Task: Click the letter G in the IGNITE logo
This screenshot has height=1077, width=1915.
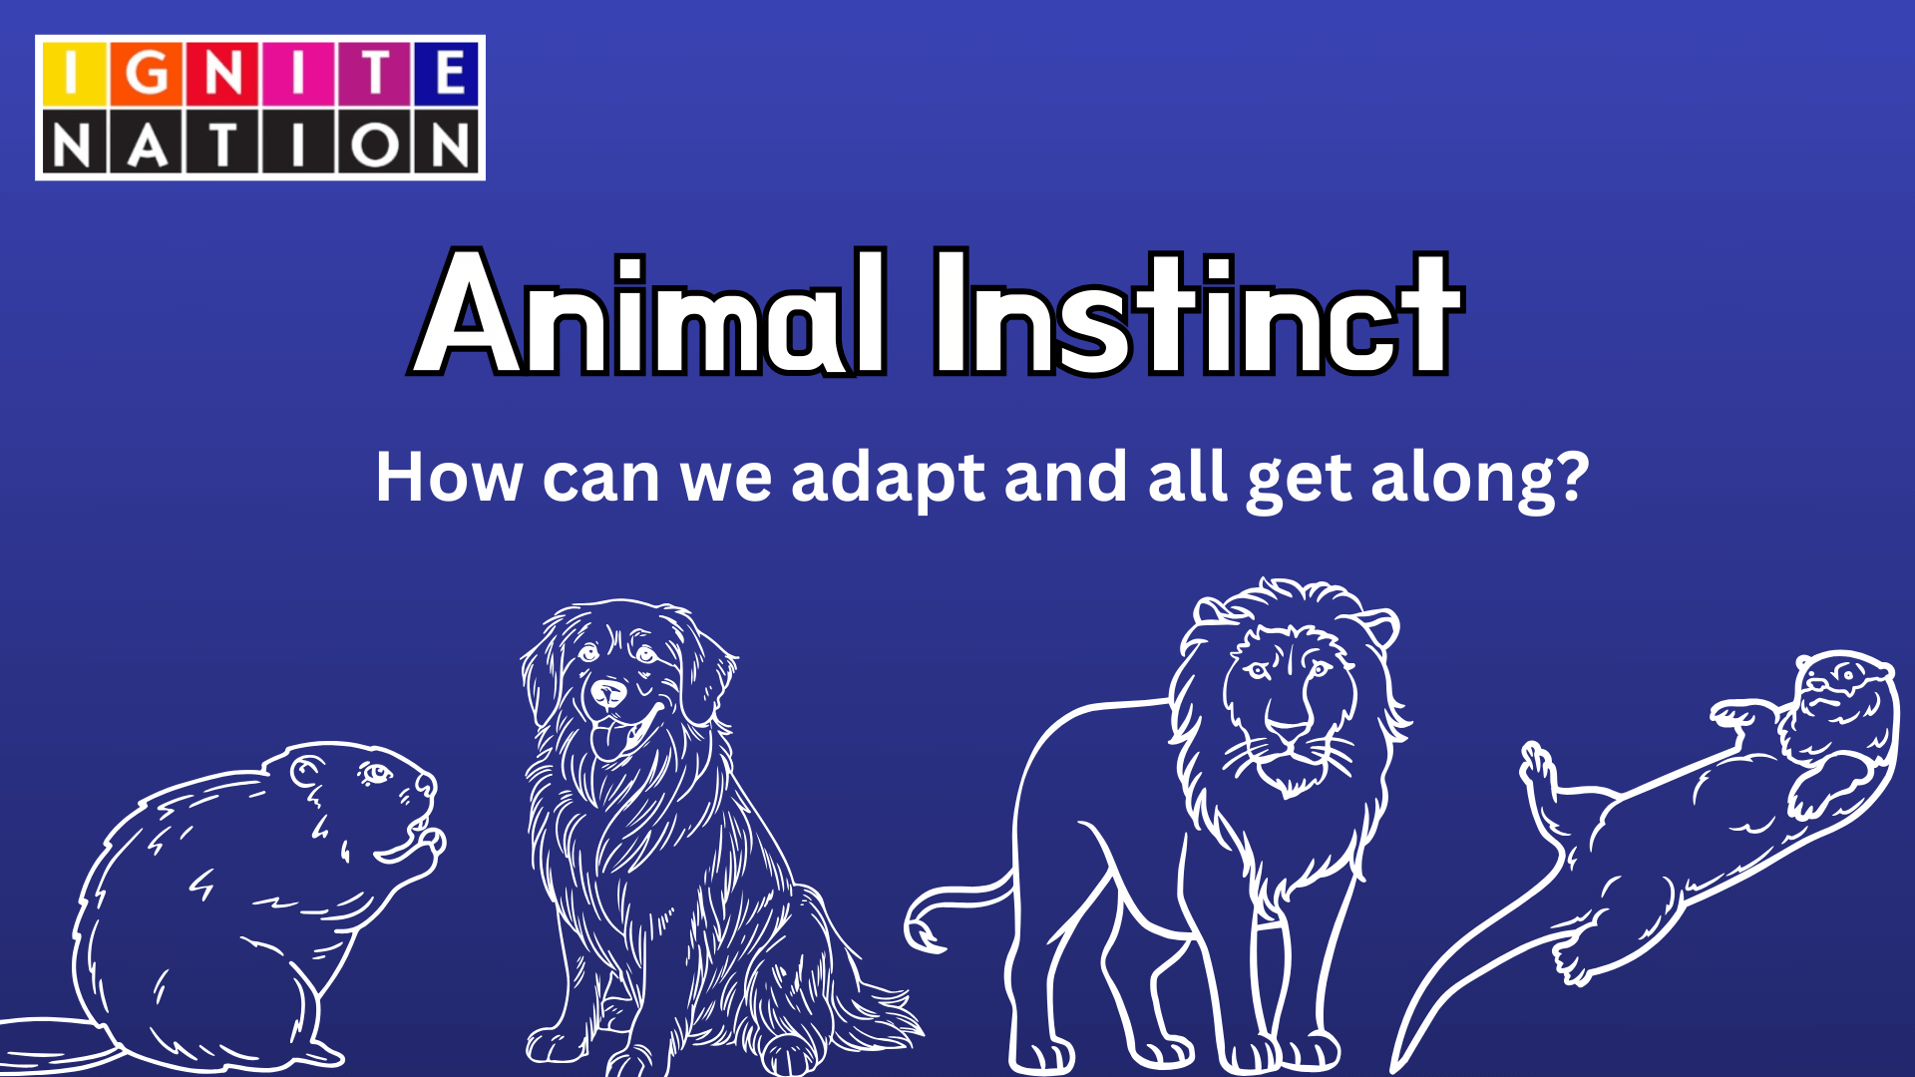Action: tap(147, 73)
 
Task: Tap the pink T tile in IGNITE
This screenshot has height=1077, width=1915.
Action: tap(374, 73)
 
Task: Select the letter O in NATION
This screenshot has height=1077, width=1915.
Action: tap(374, 146)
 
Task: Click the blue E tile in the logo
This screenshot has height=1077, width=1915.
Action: tap(446, 73)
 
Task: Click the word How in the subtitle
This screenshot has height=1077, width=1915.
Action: tap(449, 479)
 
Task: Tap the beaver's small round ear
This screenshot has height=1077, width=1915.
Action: tap(306, 770)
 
